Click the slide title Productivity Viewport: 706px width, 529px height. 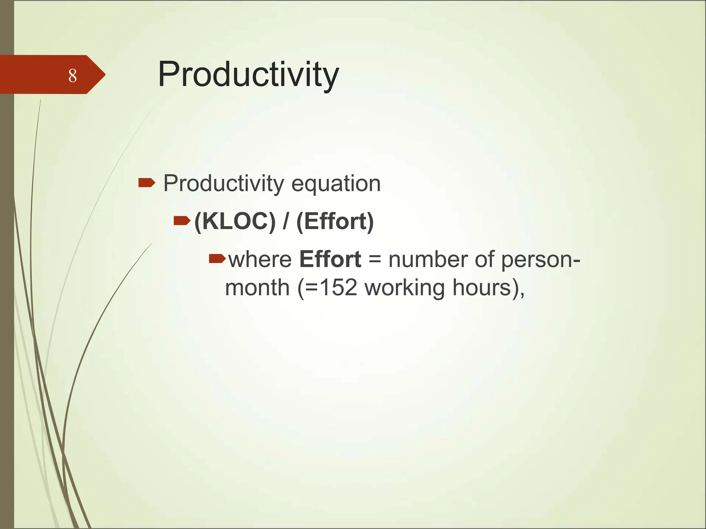pos(248,75)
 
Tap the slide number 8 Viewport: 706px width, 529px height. pos(72,76)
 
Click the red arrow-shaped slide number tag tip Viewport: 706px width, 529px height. pos(98,74)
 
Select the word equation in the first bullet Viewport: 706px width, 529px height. pos(336,184)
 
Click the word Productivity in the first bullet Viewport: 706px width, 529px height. pos(223,184)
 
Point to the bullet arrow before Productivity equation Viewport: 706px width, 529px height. pos(147,183)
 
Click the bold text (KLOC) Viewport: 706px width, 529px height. pos(235,221)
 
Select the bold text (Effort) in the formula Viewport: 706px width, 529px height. pos(335,221)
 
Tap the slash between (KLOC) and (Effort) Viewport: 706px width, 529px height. pos(286,221)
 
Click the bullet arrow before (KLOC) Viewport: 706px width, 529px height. pos(182,220)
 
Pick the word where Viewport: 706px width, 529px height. pos(260,259)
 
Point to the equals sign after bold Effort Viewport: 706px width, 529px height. pos(375,259)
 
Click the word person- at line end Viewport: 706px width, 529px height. pos(541,260)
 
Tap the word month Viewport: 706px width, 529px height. pos(257,288)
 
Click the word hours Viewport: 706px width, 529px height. pos(482,288)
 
